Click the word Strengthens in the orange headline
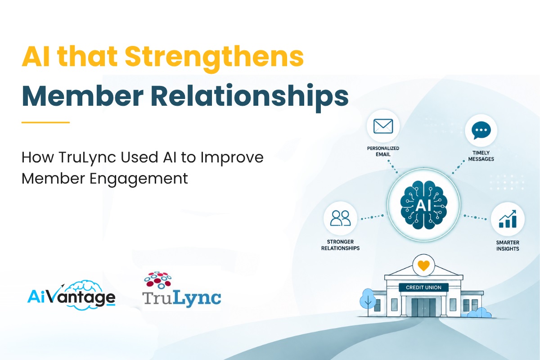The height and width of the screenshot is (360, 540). [x=214, y=58]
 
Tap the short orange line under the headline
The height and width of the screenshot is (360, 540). [x=45, y=122]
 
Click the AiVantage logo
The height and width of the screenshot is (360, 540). [x=72, y=295]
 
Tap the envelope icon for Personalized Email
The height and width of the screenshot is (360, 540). [x=383, y=126]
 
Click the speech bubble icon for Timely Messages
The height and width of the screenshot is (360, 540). [x=481, y=130]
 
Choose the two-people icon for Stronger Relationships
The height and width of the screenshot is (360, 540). [x=340, y=218]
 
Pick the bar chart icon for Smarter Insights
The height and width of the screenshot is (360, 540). [x=508, y=219]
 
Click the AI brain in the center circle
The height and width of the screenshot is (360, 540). [x=423, y=205]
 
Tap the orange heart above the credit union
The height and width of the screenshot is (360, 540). [x=423, y=265]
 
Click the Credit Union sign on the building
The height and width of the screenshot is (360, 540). [x=423, y=288]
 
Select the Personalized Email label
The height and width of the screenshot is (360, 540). [x=383, y=151]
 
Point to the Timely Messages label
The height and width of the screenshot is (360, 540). [x=481, y=156]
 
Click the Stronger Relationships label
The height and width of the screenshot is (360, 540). [x=340, y=245]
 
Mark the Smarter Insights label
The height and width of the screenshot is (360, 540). [x=508, y=246]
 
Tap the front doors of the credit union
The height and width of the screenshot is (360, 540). [x=423, y=307]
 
